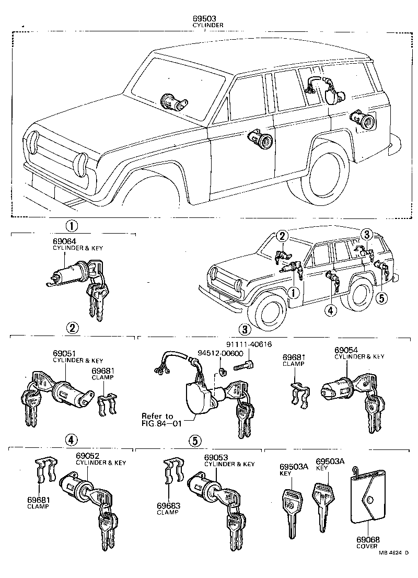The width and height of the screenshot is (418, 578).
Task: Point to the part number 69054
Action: point(345,350)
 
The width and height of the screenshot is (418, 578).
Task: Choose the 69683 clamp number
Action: point(168,506)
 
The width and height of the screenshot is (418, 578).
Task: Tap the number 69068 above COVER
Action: point(368,539)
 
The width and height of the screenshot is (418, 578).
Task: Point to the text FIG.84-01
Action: point(161,423)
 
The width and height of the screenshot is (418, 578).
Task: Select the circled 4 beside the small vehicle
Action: point(329,310)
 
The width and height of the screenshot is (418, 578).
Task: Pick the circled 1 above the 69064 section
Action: point(72,226)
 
